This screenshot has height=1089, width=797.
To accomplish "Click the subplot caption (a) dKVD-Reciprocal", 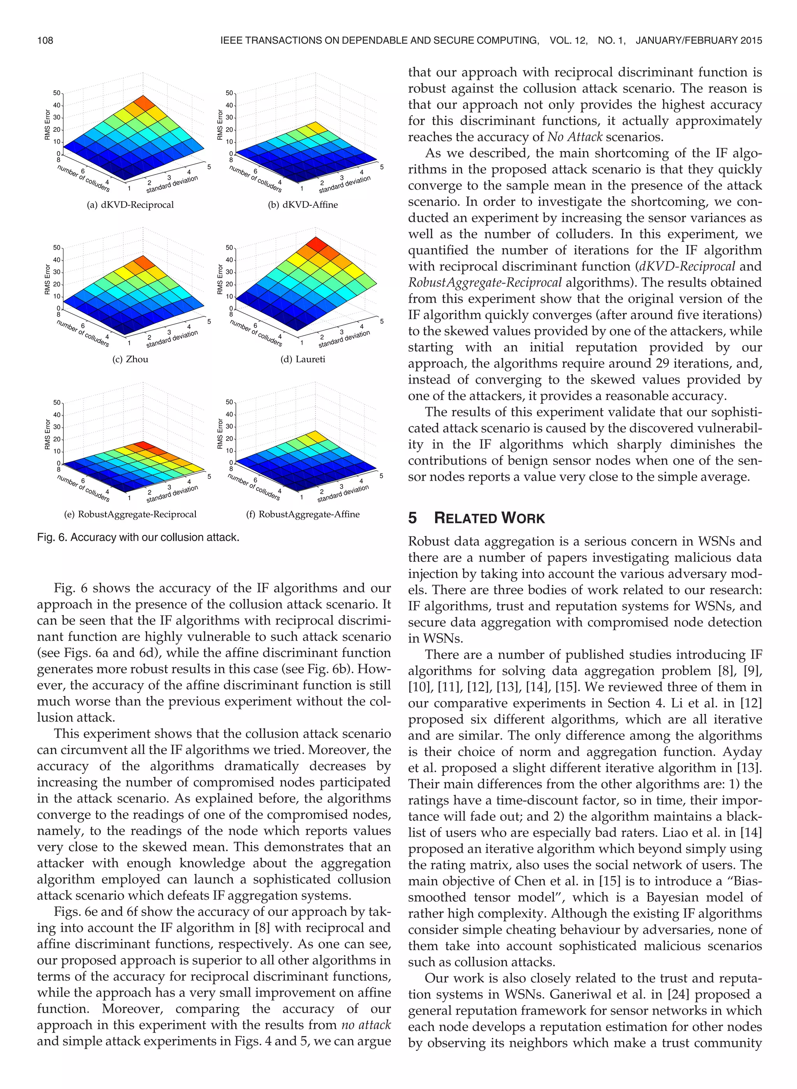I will coord(130,204).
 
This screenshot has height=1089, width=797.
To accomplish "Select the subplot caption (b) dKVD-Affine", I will coord(303,204).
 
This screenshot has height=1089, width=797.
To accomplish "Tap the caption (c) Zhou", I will coord(130,359).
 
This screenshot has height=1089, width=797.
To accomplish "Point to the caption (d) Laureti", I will coord(303,359).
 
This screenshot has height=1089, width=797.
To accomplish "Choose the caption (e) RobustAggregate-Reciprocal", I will coord(130,514).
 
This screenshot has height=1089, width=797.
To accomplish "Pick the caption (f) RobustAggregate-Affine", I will coord(303,514).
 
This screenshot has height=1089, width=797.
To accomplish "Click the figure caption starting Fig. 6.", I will coord(138,537).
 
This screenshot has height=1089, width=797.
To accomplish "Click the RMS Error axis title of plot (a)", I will coord(47,125).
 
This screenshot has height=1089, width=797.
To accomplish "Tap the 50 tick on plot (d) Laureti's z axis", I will coord(229,248).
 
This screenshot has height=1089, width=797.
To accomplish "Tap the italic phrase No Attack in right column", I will coord(574,137).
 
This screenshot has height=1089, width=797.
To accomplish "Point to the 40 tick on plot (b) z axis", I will coord(229,105).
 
